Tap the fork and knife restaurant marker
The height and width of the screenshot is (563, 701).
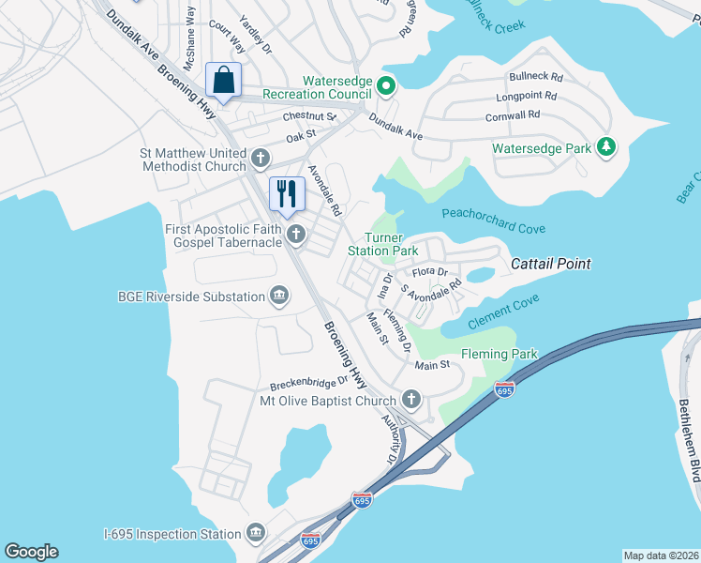[286, 194]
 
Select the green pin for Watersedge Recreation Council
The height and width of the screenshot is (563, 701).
[385, 88]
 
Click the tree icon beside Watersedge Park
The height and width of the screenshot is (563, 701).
[606, 147]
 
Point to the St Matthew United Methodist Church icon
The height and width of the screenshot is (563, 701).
[260, 158]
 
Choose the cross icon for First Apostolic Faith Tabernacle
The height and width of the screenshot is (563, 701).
[296, 234]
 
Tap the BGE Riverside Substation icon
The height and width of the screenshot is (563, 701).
[279, 297]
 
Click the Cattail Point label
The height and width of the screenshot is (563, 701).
[551, 265]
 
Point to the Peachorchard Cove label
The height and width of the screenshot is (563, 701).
[493, 228]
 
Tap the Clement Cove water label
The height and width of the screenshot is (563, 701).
[505, 309]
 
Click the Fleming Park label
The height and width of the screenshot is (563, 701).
[500, 355]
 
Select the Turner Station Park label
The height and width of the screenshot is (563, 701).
[382, 245]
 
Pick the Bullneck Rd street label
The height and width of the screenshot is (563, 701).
[536, 76]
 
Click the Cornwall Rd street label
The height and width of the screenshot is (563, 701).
[513, 114]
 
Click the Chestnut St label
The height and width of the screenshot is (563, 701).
[309, 116]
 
